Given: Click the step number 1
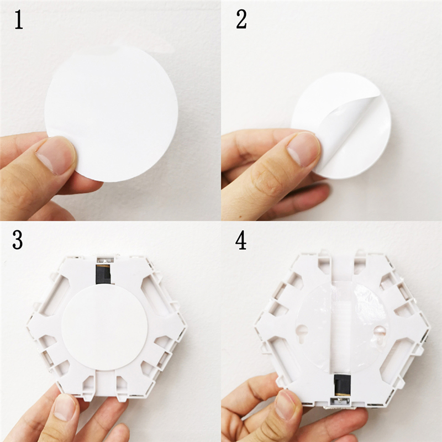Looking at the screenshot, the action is tap(19, 20).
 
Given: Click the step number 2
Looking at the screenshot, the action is tap(241, 20).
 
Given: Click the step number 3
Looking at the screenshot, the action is tap(18, 240).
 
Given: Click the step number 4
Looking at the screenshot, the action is tap(241, 240).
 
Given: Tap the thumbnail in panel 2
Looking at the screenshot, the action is tap(303, 149).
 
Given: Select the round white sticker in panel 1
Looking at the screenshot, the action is tap(111, 115).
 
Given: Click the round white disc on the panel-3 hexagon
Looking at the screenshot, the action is tap(104, 328).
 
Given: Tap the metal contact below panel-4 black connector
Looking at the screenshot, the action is tap(342, 400).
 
